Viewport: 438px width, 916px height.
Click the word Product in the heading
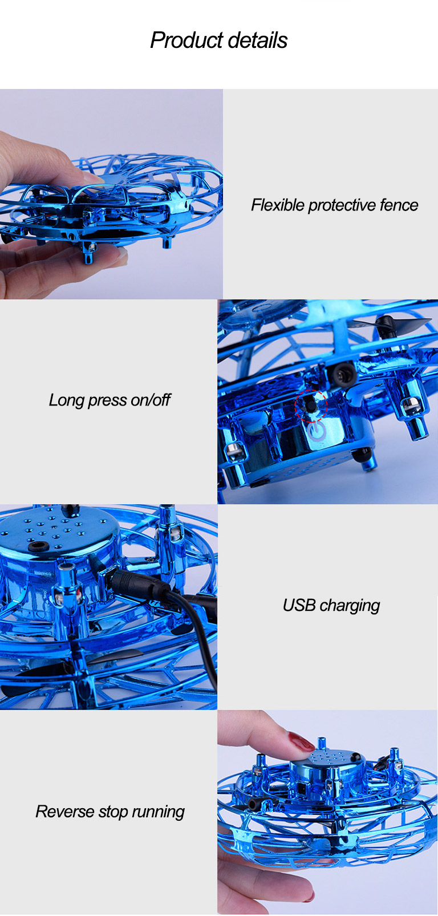[x=184, y=40]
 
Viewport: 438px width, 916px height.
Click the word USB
[x=298, y=605]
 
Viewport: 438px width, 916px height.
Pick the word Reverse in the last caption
[x=64, y=812]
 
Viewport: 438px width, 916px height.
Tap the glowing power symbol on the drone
[x=317, y=432]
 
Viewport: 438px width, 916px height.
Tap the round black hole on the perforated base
[x=38, y=545]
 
